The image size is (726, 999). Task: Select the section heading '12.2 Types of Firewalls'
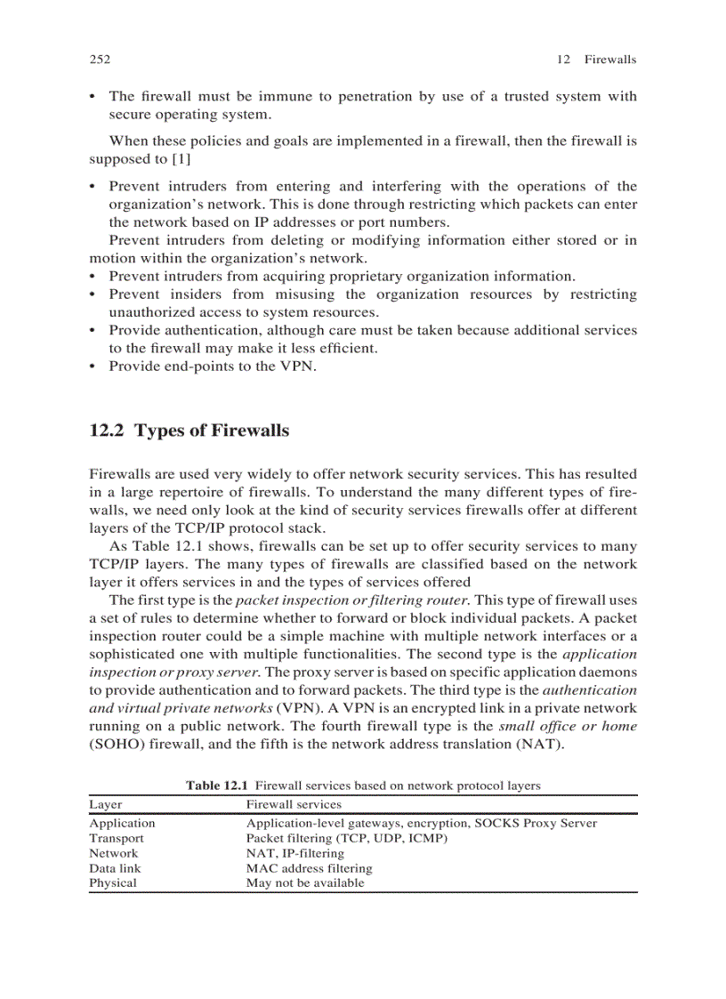[x=190, y=431]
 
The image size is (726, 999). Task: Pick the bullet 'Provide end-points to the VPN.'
[x=213, y=367]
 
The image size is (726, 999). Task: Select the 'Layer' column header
[x=106, y=804]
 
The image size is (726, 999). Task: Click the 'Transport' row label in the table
[x=117, y=838]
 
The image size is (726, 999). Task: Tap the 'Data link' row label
[x=115, y=868]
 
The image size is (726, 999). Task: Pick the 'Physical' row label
[x=113, y=882]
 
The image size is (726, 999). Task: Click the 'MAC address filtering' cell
[x=309, y=868]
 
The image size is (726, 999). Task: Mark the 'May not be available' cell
[x=305, y=882]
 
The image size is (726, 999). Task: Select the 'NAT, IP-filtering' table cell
[x=294, y=853]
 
